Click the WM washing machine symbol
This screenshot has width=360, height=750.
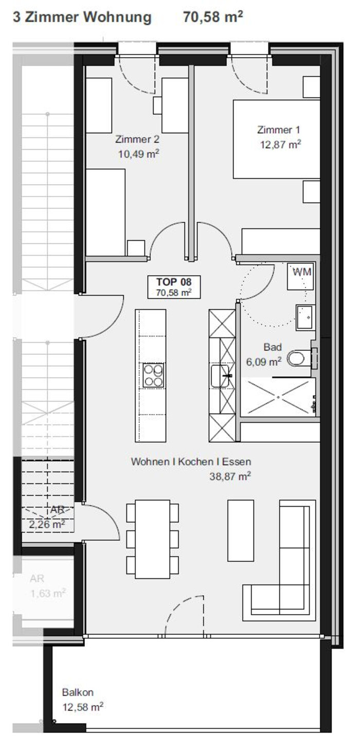(300, 276)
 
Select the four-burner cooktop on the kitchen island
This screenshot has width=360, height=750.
(153, 375)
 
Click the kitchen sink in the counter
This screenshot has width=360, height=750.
(220, 376)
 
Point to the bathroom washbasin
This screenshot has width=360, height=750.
(305, 317)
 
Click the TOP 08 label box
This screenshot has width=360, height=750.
(174, 287)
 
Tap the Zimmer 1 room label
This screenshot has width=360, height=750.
(279, 130)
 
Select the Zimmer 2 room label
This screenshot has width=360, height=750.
(137, 139)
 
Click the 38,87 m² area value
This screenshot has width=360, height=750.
(230, 476)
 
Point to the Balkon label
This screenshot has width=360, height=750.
(78, 692)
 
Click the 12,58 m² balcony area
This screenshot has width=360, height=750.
(83, 707)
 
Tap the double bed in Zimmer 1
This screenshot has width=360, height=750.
(277, 139)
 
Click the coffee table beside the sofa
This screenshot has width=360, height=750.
(241, 530)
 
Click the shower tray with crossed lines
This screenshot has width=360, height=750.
(278, 397)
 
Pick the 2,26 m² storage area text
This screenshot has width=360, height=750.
(47, 524)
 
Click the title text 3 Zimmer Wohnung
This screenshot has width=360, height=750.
(82, 17)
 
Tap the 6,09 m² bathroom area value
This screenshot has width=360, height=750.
(264, 362)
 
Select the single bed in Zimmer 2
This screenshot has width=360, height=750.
(105, 212)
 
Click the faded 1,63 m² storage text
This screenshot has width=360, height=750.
(48, 593)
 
